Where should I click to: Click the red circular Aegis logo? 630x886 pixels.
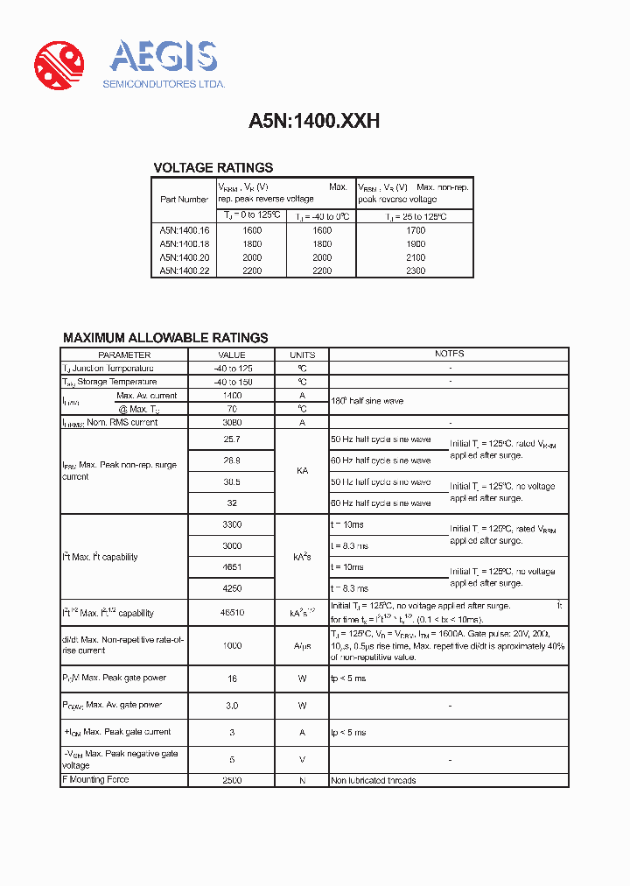[x=59, y=66]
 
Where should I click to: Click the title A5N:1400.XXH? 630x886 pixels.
[x=314, y=122]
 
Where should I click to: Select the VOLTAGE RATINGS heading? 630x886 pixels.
[x=213, y=167]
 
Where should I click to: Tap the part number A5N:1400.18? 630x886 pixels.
[x=185, y=244]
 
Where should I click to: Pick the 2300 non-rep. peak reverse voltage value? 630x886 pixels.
[x=415, y=271]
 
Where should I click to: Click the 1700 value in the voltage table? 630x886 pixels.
[x=415, y=231]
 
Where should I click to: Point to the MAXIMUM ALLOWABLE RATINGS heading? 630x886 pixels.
[x=165, y=338]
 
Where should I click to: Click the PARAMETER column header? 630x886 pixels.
[x=124, y=355]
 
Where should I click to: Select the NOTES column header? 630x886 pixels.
[x=449, y=355]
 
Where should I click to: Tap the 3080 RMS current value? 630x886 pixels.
[x=232, y=422]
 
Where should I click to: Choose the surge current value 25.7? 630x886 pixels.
[x=232, y=439]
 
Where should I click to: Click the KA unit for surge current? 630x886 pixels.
[x=302, y=471]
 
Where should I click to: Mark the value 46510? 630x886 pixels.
[x=232, y=613]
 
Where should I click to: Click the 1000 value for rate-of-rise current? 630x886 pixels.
[x=232, y=644]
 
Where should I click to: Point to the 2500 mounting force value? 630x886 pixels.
[x=232, y=779]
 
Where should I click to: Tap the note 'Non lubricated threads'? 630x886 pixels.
[x=373, y=780]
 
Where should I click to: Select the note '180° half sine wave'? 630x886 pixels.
[x=367, y=401]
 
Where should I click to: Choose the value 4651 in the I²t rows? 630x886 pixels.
[x=232, y=566]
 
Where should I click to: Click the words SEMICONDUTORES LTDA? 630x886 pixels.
[x=164, y=84]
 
